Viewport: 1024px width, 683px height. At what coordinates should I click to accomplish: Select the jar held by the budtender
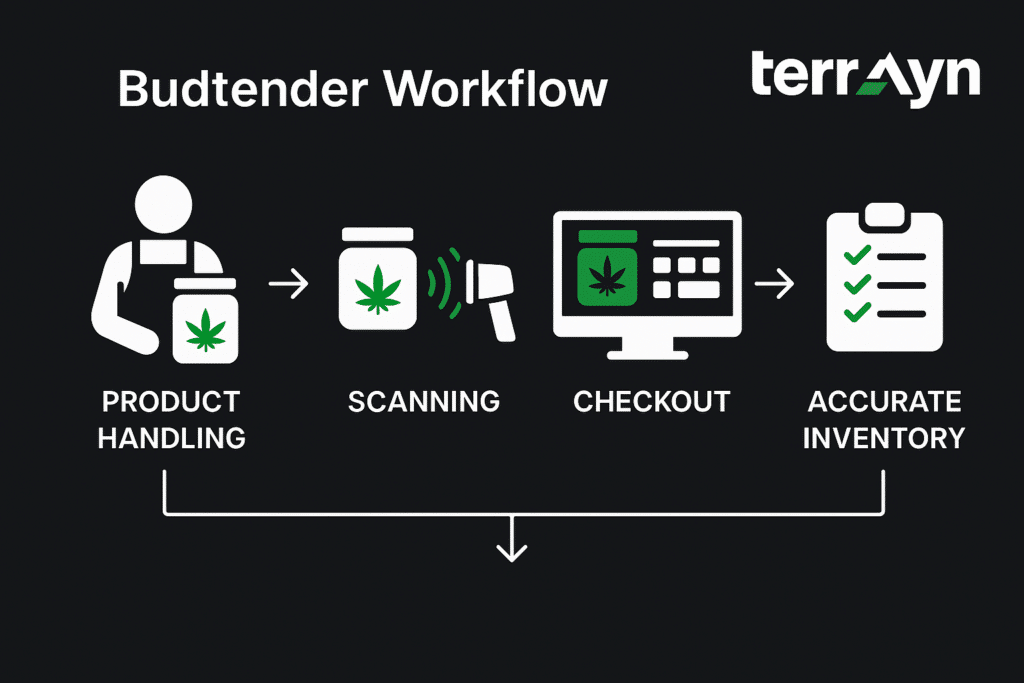click(x=207, y=321)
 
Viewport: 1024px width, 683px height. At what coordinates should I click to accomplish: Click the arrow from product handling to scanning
click(x=289, y=286)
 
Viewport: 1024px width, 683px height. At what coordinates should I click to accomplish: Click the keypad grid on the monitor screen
click(x=685, y=276)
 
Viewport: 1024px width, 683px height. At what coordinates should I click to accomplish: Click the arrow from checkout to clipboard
click(x=774, y=286)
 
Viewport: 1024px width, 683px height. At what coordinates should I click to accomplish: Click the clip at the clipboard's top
click(x=883, y=216)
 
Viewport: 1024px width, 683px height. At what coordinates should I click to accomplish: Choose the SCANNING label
click(x=424, y=402)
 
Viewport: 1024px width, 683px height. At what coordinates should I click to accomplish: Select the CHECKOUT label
click(x=651, y=402)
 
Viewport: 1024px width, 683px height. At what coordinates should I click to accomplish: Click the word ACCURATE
click(x=884, y=402)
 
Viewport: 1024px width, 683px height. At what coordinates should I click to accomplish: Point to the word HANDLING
click(x=171, y=437)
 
